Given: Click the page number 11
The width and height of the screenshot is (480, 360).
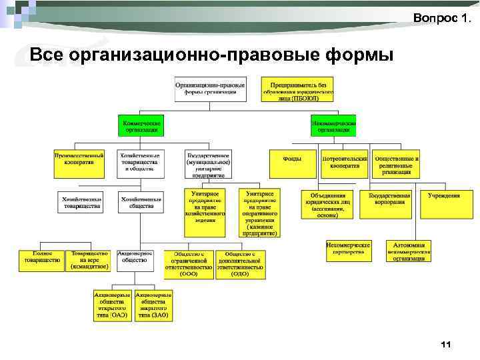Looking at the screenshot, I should [446, 345].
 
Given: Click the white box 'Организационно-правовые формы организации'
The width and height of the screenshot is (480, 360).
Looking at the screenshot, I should [210, 89].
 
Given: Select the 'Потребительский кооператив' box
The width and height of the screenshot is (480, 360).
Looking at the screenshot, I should [345, 163].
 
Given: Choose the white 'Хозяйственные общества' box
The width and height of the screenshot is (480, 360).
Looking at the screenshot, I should [141, 202].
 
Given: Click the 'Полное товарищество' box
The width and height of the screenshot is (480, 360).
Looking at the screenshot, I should [41, 259].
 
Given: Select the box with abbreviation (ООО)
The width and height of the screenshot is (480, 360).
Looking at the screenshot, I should [189, 264].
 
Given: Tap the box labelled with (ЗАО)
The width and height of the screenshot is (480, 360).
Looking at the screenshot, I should [153, 306].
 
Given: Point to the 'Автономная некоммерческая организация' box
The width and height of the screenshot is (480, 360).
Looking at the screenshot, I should [409, 251].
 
